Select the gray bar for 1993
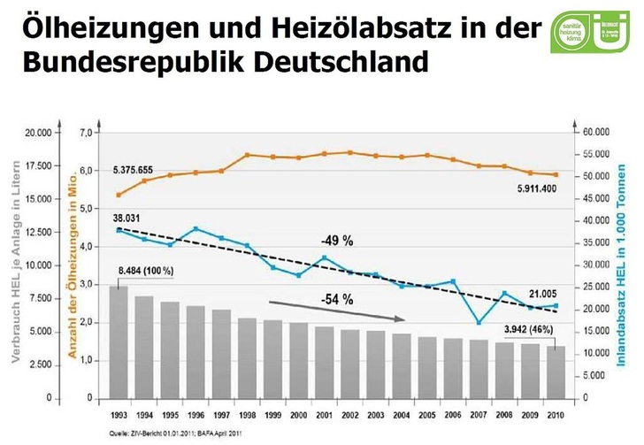(118, 341)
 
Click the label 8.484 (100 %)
(144, 270)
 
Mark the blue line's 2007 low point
(478, 323)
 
